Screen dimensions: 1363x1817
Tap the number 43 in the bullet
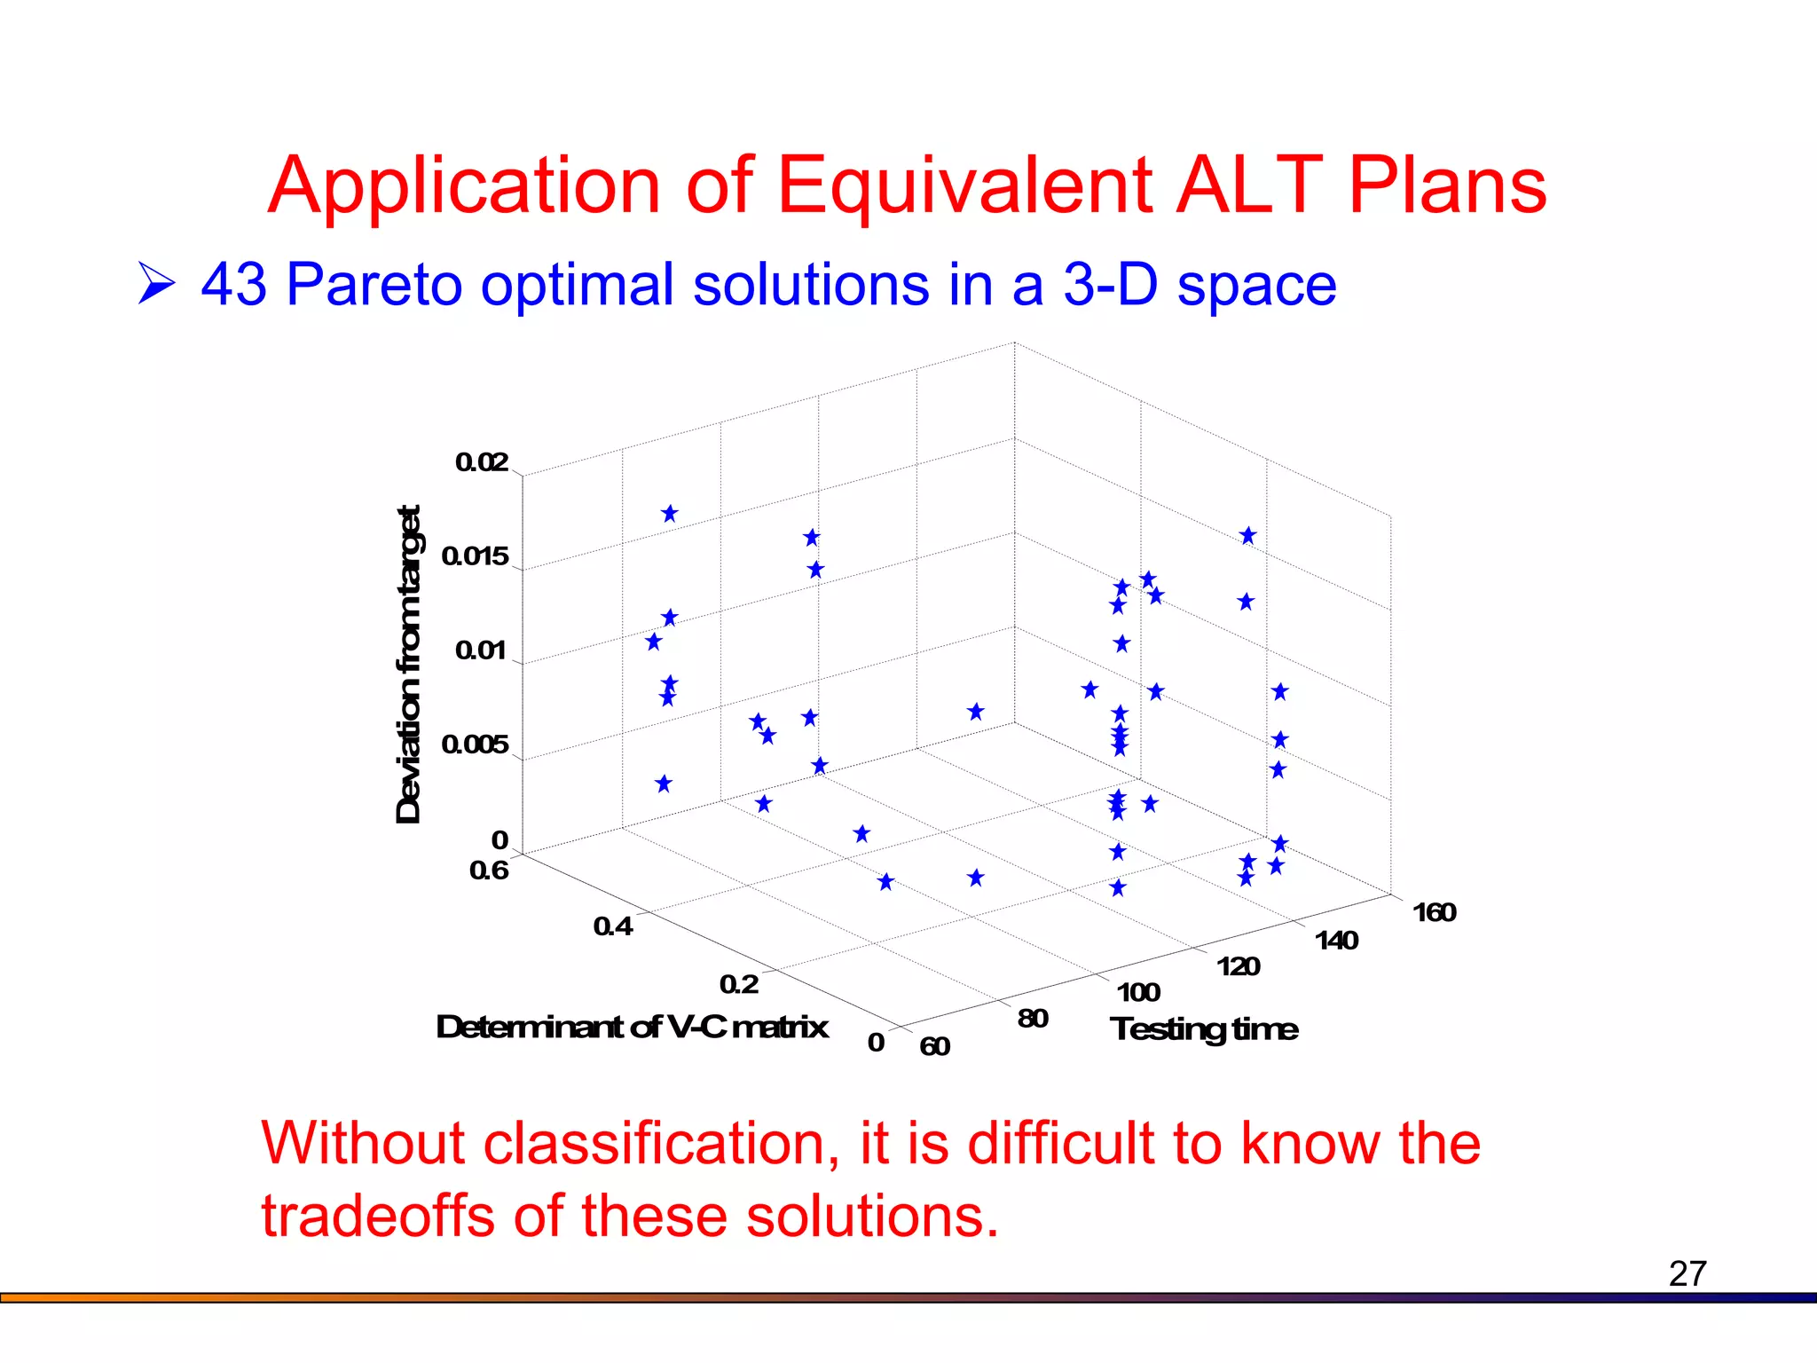click(233, 285)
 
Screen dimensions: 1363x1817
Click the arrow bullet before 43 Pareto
click(156, 284)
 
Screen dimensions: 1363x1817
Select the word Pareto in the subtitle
click(374, 285)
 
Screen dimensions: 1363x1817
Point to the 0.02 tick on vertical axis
click(482, 462)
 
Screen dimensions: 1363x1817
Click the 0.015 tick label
click(475, 556)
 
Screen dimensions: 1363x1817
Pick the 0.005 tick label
click(475, 745)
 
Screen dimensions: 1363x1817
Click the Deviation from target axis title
click(408, 665)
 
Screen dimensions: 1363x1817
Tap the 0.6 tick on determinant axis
click(489, 871)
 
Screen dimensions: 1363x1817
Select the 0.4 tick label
click(613, 926)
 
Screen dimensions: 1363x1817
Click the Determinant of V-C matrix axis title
click(632, 1027)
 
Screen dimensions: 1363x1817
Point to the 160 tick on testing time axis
click(1434, 912)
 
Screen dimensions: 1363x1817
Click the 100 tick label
click(1138, 992)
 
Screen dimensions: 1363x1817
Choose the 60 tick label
click(934, 1046)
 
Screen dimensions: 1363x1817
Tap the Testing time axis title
click(1204, 1029)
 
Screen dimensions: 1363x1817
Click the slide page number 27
click(1687, 1273)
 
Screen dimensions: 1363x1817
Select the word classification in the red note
click(661, 1143)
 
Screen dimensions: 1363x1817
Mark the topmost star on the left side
click(670, 514)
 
